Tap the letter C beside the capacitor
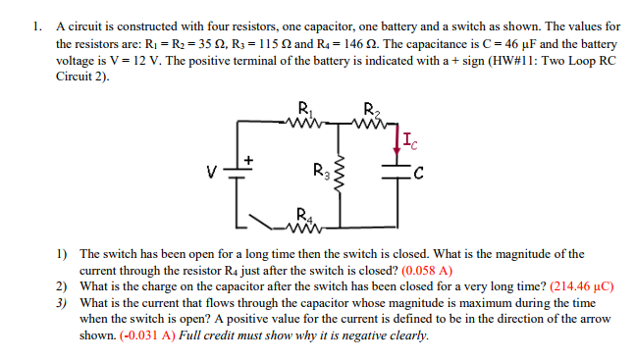pos(419,178)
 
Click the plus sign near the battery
pos(249,157)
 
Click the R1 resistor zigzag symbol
pos(302,125)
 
